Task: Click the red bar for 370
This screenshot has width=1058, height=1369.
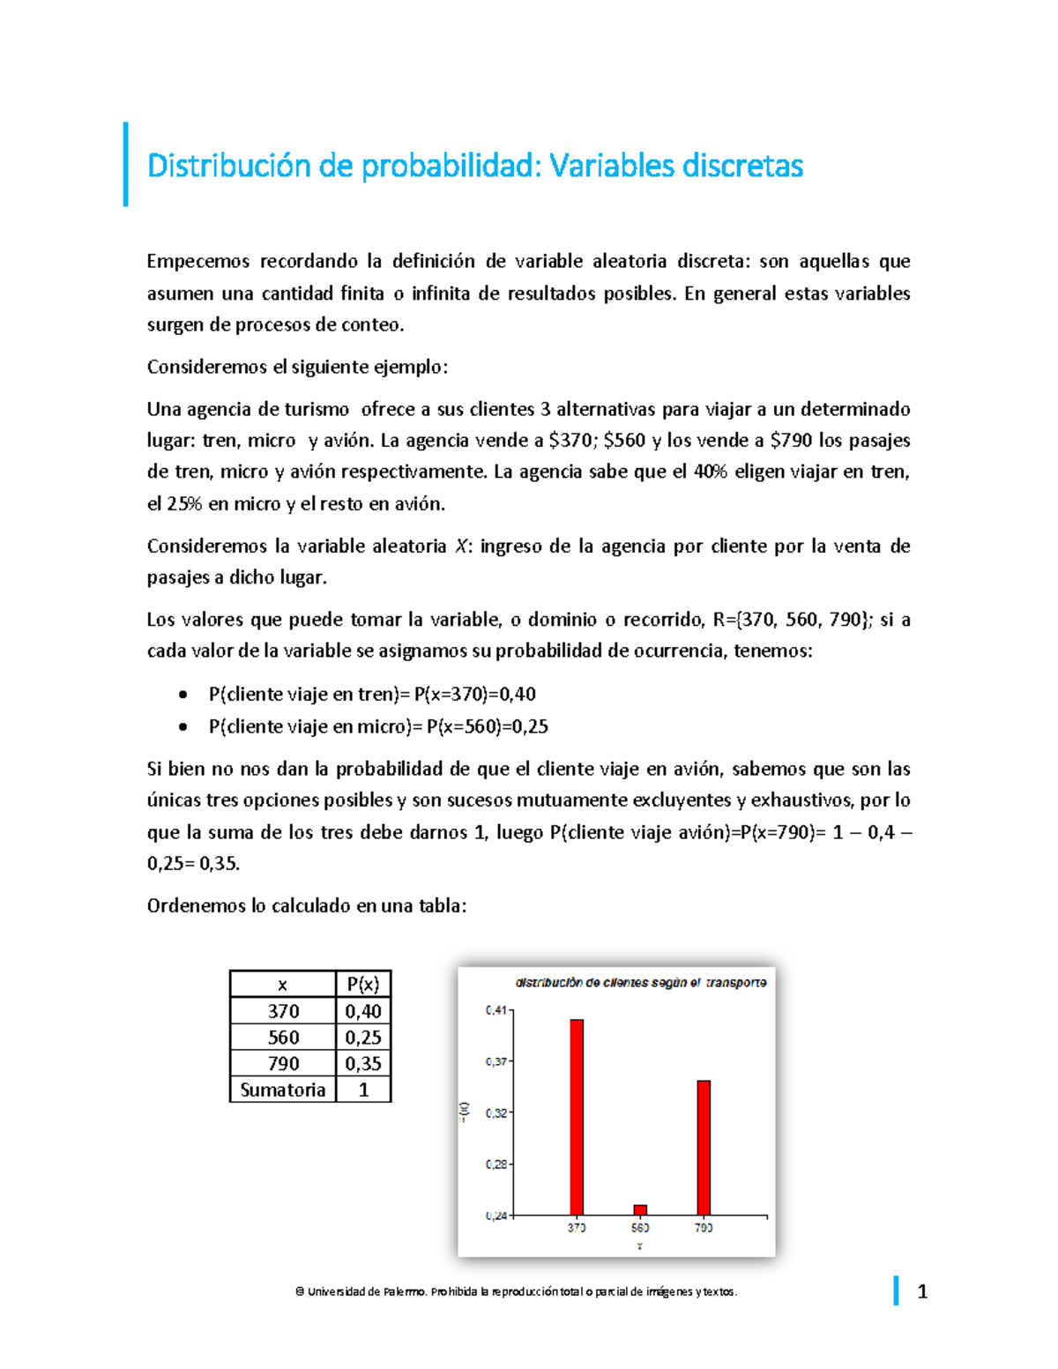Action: click(x=577, y=1117)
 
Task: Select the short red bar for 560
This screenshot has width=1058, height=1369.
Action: click(x=640, y=1210)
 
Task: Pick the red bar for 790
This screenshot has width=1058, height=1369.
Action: click(x=704, y=1148)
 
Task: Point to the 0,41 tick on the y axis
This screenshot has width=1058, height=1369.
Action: click(x=496, y=1010)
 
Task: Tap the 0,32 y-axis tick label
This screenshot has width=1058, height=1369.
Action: click(x=496, y=1113)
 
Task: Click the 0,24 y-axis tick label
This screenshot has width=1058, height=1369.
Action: click(x=496, y=1216)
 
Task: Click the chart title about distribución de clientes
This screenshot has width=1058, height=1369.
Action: click(x=640, y=982)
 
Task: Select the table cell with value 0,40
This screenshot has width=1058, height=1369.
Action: click(x=362, y=1011)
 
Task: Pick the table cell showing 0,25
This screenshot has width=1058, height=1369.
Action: click(x=362, y=1038)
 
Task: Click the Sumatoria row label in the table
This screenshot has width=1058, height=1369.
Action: click(x=282, y=1090)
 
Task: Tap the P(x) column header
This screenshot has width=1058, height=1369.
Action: click(x=362, y=985)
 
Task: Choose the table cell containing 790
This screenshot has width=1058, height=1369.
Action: click(x=283, y=1063)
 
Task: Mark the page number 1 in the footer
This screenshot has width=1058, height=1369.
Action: click(x=922, y=1292)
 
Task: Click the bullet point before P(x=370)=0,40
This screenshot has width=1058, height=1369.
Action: click(x=183, y=695)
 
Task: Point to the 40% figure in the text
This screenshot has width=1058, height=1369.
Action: click(x=710, y=472)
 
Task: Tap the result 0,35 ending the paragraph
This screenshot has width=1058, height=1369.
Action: click(x=218, y=864)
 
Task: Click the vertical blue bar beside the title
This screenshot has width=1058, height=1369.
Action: click(x=126, y=165)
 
